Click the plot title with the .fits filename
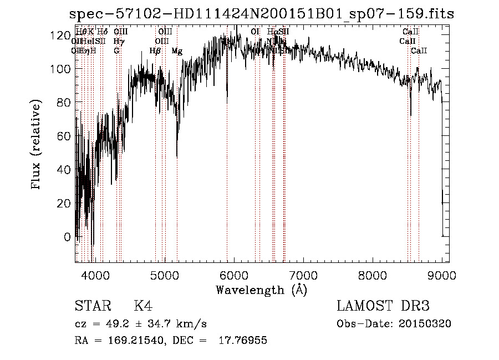261,14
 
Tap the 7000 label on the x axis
303,274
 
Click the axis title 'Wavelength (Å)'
261,290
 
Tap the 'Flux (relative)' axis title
37,145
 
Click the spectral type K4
143,306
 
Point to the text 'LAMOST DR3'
383,306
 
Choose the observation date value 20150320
426,324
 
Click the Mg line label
177,51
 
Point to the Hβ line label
155,51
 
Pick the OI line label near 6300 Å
255,32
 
